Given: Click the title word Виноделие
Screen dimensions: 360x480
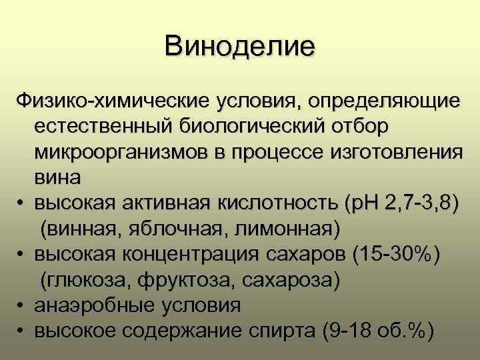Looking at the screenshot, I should pos(240,48).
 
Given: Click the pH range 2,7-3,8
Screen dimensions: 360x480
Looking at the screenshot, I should pos(417,203).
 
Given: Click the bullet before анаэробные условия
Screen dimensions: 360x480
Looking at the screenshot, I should pos(23,305).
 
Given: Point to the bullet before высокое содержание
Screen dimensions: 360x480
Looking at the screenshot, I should pos(23,331).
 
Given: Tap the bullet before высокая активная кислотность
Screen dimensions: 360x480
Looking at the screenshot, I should pos(23,203).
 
